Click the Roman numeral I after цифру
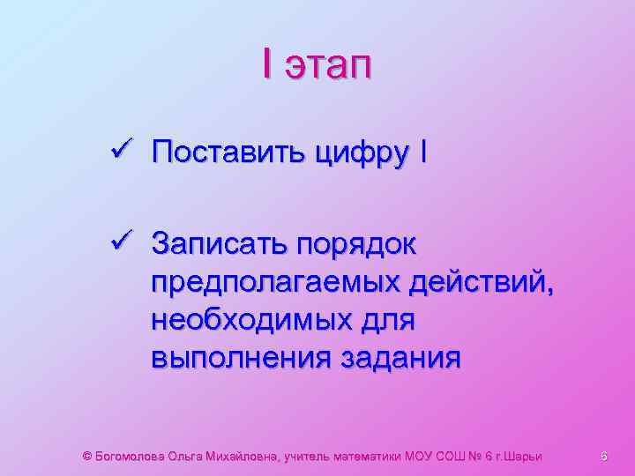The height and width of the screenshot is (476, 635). [x=426, y=153]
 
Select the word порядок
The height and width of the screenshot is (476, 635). [x=356, y=244]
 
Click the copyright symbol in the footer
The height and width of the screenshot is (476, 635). [x=86, y=456]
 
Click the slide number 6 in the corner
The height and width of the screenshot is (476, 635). [x=604, y=456]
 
